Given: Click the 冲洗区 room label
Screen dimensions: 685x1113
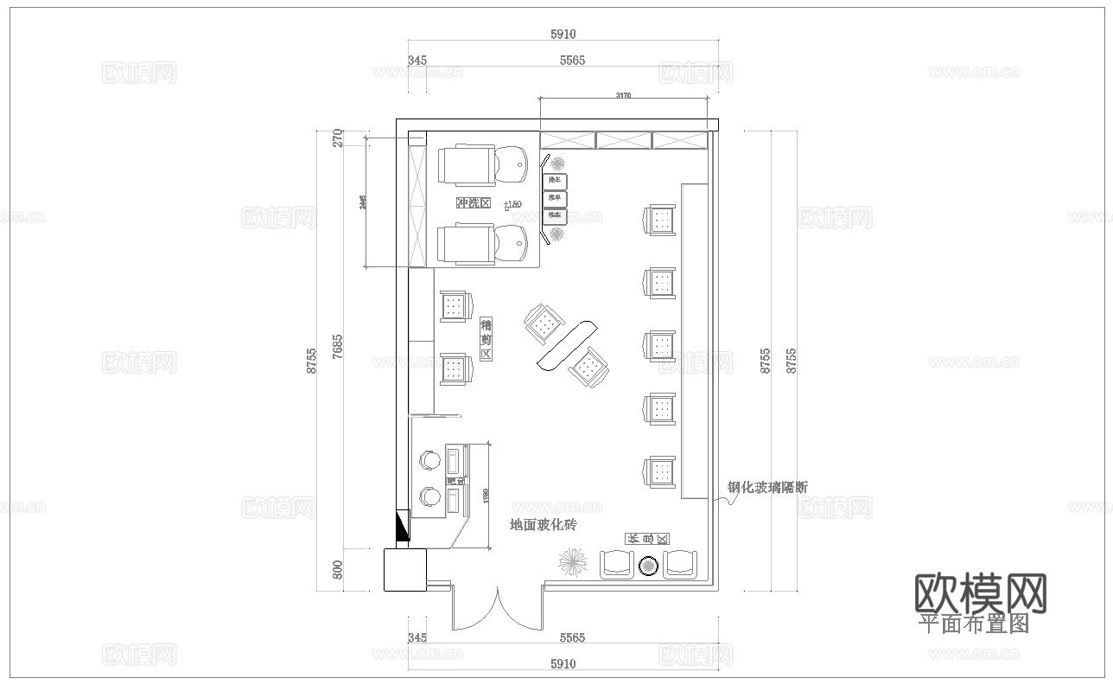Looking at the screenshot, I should pos(473,203).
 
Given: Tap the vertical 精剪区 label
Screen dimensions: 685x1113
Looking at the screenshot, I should pos(486,338).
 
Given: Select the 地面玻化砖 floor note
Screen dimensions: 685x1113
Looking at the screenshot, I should pos(543,525).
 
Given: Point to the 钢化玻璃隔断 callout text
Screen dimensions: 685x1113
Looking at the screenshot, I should pos(767,487).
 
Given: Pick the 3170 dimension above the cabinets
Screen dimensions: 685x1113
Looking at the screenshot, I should pos(622,95).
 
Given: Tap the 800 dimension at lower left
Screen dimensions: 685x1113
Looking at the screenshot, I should pos(338,570).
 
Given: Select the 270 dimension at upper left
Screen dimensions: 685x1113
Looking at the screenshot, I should pos(338,138).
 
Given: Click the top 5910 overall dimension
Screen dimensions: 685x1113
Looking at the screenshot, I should pos(563,35).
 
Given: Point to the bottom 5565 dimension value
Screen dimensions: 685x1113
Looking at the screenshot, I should pos(572,638).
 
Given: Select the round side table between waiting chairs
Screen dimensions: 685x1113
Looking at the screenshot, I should pos(648,567).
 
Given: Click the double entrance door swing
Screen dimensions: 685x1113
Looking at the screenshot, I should pos(497,609).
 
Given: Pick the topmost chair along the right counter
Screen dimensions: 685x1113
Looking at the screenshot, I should pos(661,220).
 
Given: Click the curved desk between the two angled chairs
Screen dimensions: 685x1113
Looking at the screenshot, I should pos(567,344).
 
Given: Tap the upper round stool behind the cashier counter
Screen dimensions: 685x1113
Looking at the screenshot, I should pos(427,461).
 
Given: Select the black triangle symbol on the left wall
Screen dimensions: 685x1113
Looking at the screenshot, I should pos(403,526).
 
